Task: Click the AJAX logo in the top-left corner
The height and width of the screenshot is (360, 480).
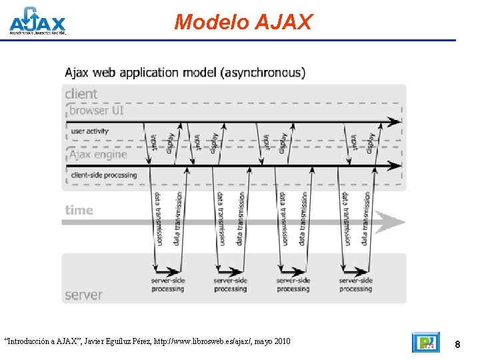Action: click(x=37, y=21)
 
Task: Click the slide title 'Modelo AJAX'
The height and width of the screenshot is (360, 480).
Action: click(x=243, y=22)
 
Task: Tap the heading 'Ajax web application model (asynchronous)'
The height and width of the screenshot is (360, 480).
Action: click(x=185, y=73)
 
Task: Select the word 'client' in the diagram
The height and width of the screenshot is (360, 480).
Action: click(x=81, y=94)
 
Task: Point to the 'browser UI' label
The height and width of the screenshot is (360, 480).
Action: click(x=97, y=111)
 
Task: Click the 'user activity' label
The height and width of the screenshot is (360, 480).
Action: click(x=89, y=131)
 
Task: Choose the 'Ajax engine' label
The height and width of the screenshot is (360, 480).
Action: click(x=98, y=155)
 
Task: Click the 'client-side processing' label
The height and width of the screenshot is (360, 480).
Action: click(x=103, y=175)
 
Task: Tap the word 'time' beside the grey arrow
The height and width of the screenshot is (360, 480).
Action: click(x=79, y=210)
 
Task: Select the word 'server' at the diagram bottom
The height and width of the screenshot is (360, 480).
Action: click(x=83, y=294)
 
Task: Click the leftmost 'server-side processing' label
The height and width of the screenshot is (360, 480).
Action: click(x=167, y=285)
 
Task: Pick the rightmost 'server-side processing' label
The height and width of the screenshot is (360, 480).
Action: click(x=355, y=285)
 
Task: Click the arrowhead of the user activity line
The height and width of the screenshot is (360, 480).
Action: click(x=396, y=122)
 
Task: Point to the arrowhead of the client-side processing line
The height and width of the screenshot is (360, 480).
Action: click(x=396, y=165)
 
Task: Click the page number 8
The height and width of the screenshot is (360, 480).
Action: click(x=457, y=344)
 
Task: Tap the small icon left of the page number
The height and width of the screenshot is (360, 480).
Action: click(x=426, y=342)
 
